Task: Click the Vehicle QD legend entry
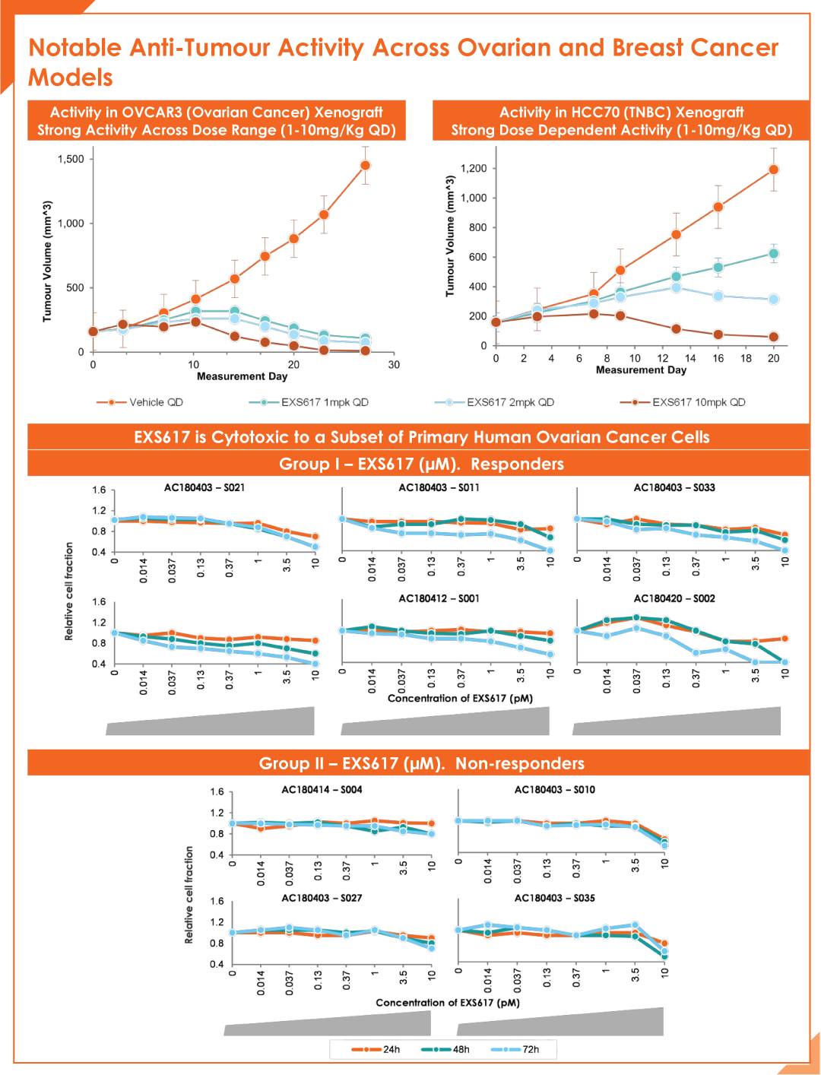[x=140, y=402]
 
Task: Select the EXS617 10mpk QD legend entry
[x=683, y=402]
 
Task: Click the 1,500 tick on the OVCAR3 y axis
[x=71, y=159]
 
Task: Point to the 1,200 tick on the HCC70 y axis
[x=474, y=169]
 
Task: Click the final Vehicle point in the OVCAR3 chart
[x=365, y=166]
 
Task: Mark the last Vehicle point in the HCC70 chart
[x=774, y=170]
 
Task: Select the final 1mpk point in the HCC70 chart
[x=774, y=254]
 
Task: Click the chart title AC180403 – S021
[x=204, y=488]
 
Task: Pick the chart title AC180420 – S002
[x=674, y=598]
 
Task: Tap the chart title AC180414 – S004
[x=322, y=789]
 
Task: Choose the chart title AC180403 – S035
[x=555, y=898]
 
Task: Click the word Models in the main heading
[x=71, y=78]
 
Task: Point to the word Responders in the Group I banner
[x=517, y=464]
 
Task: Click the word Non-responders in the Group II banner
[x=519, y=763]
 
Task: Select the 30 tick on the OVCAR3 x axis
[x=394, y=365]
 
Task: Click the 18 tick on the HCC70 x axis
[x=746, y=359]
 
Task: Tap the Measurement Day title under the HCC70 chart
[x=641, y=370]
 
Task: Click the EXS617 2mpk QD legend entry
[x=494, y=402]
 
